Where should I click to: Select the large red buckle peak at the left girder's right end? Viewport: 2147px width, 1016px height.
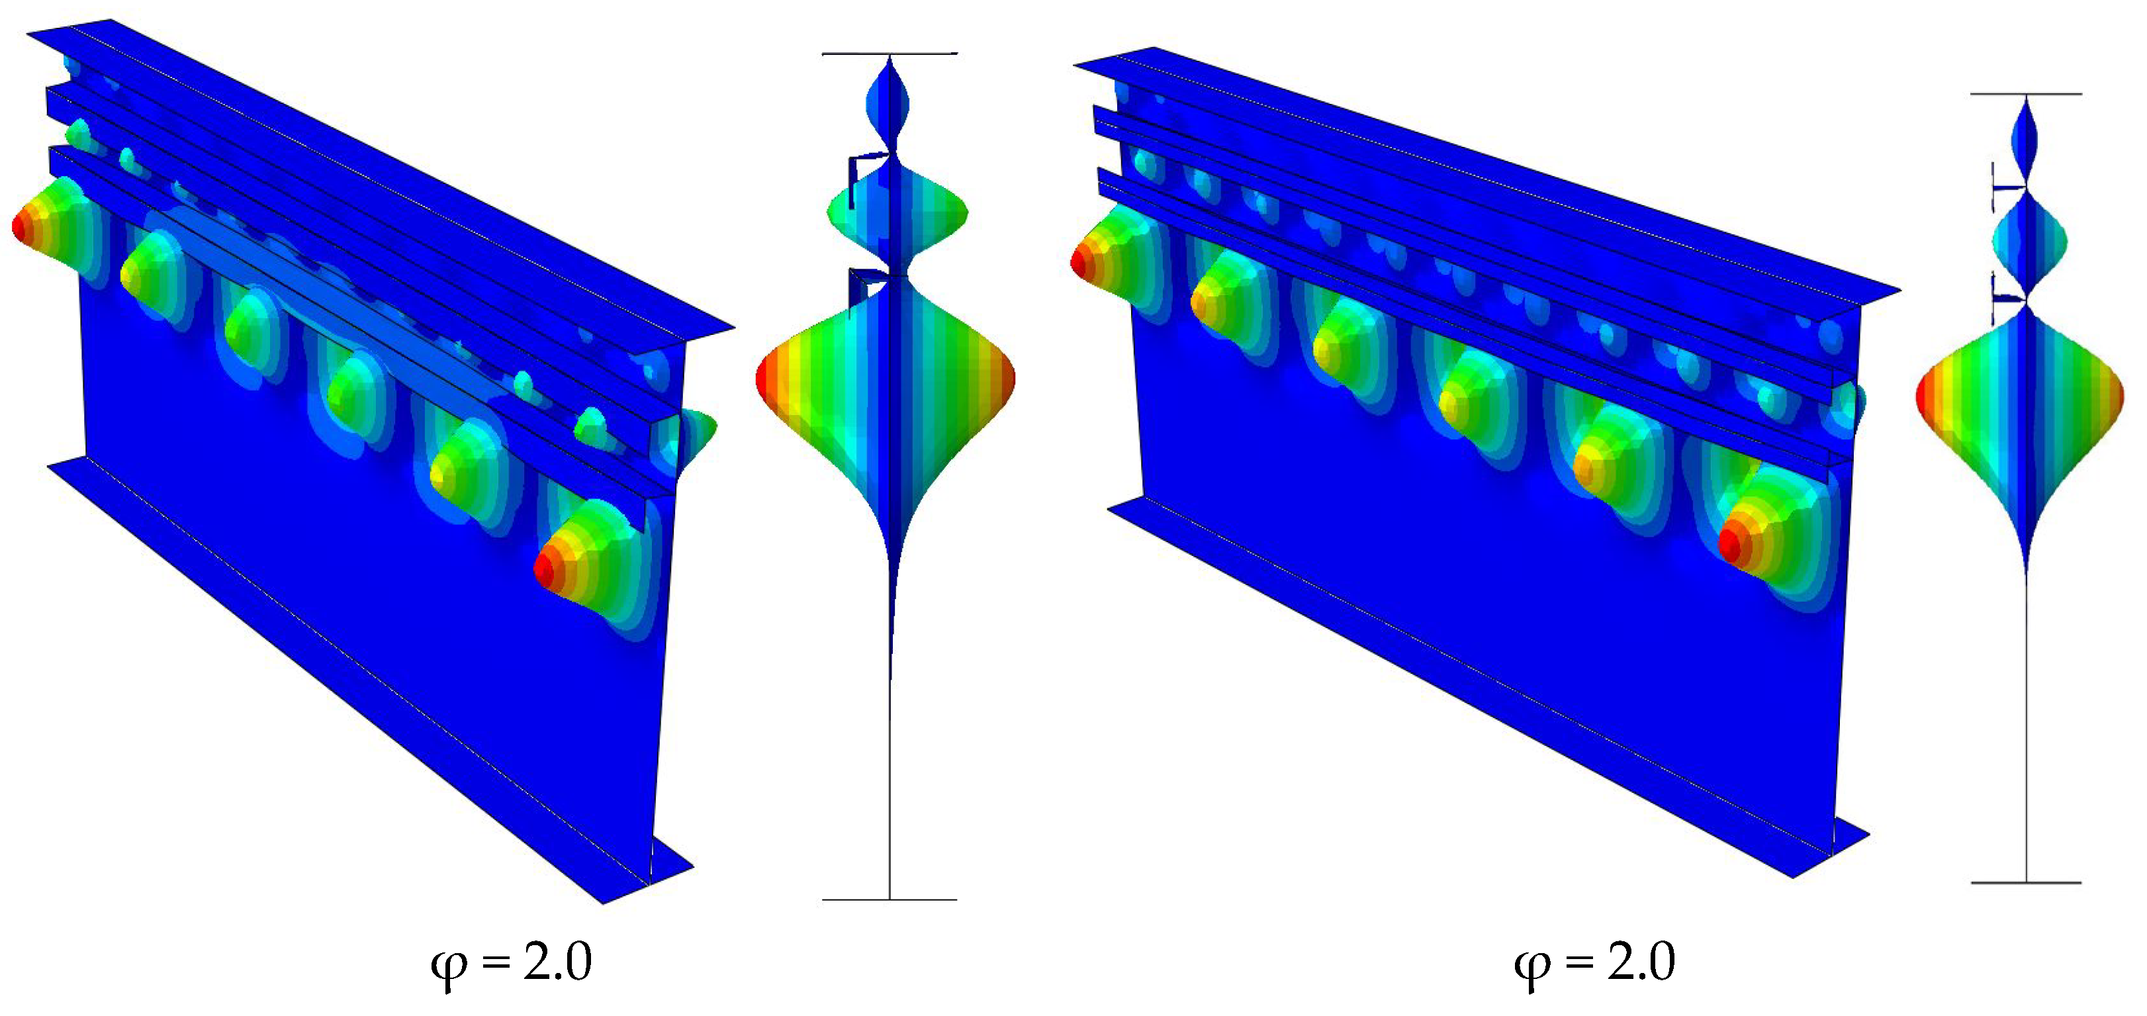coord(543,570)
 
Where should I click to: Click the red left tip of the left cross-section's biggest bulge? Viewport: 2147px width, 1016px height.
coord(762,380)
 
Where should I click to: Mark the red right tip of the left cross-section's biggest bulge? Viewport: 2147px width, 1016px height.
coord(1009,379)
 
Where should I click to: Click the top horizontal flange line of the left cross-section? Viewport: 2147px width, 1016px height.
coord(890,54)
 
